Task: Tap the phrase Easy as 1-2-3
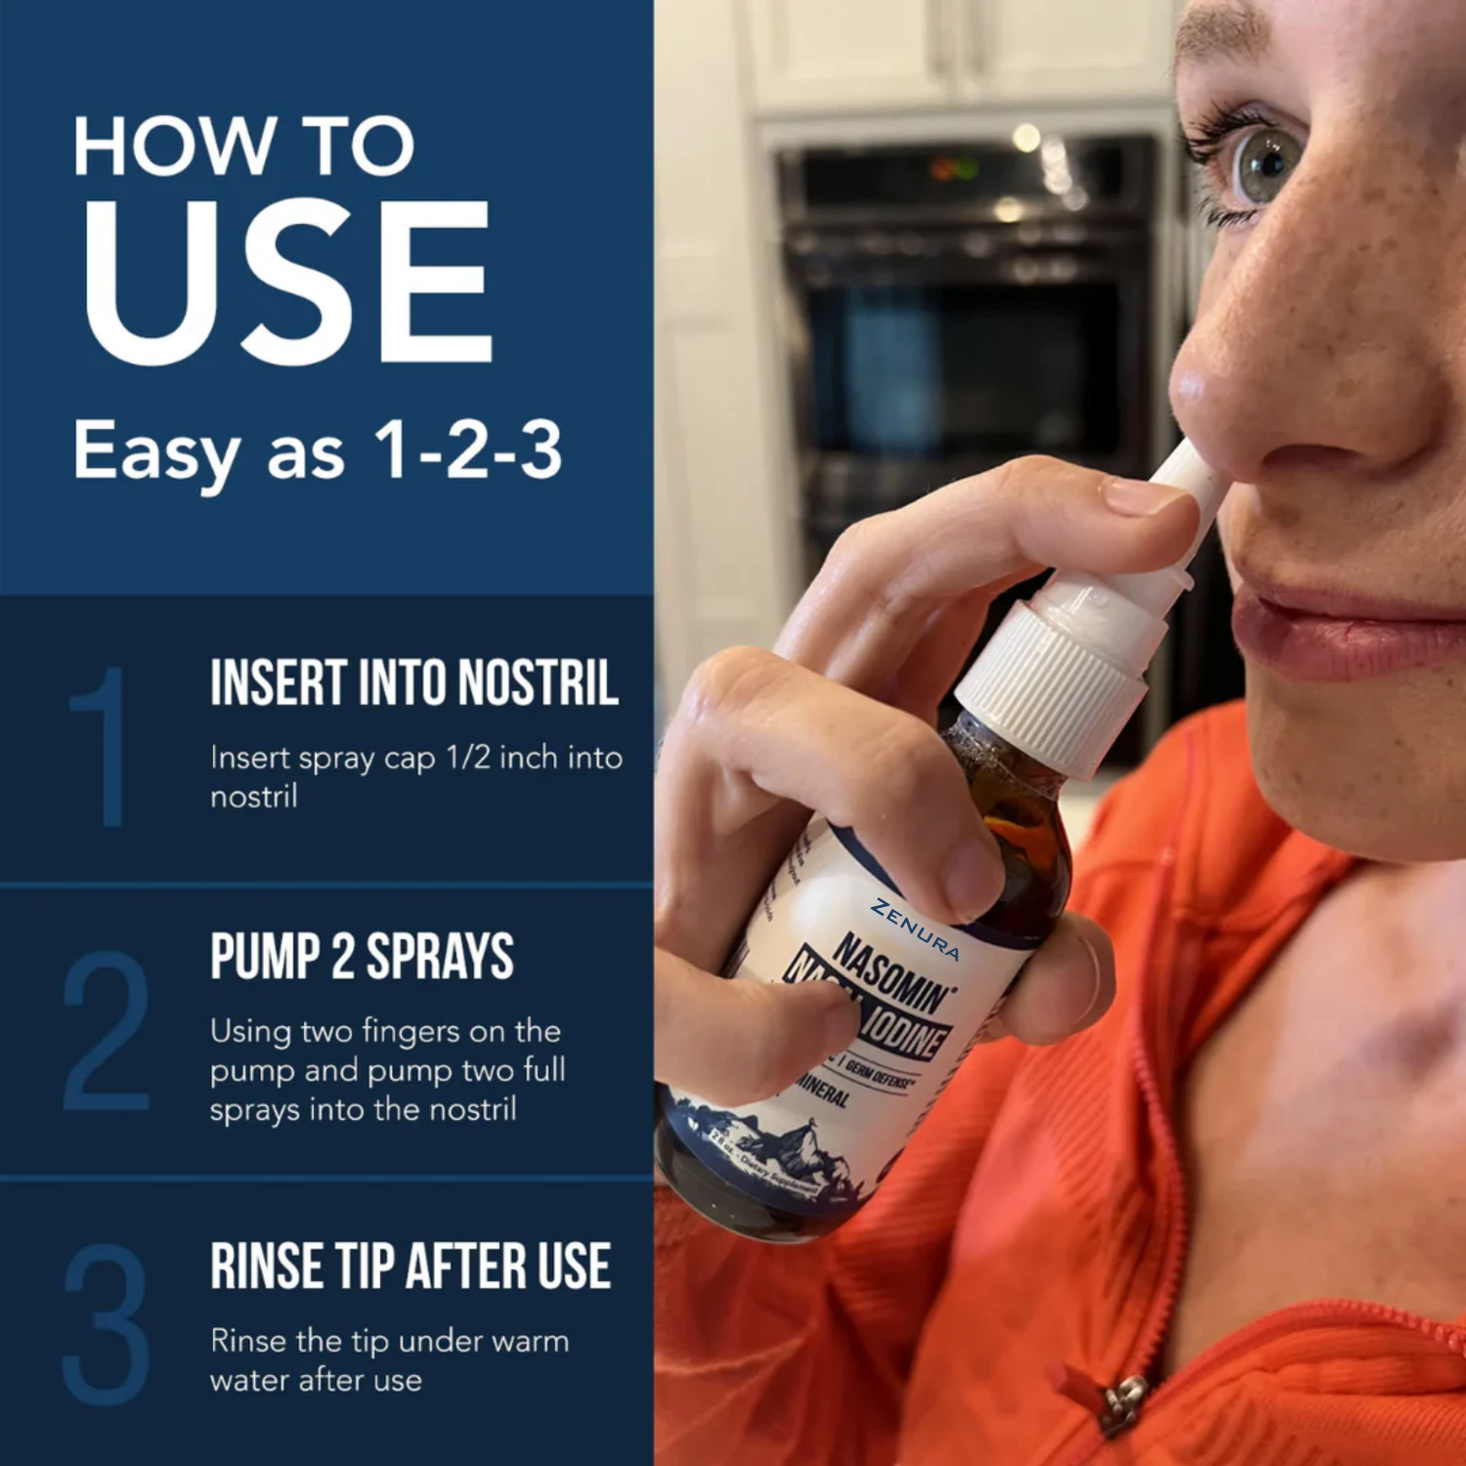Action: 318,452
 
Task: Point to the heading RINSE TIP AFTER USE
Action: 410,1267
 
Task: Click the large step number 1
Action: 103,748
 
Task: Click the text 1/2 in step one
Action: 468,757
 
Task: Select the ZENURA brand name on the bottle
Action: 916,928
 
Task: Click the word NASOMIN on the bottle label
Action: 891,972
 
